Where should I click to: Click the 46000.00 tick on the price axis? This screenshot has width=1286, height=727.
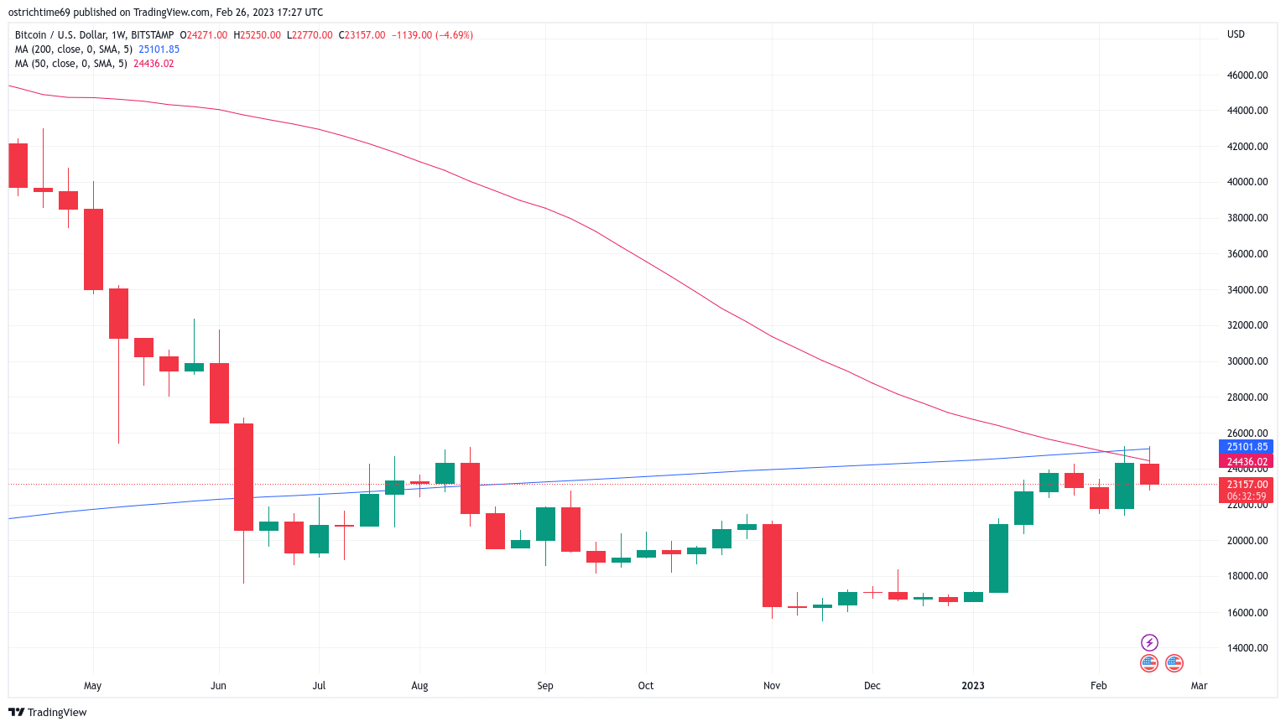coord(1247,75)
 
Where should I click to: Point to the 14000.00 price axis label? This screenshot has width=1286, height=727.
coord(1247,648)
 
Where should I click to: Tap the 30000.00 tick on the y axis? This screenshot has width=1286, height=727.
coord(1247,361)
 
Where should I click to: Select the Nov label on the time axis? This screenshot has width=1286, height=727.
coord(772,686)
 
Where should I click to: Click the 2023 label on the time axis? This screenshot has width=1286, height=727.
coord(973,686)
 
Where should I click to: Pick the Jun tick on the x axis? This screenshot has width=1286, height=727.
coord(218,686)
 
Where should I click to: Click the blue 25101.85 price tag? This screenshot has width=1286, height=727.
coord(1247,447)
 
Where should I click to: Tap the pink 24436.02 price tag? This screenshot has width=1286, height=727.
coord(1247,462)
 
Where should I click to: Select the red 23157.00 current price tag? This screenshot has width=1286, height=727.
coord(1247,485)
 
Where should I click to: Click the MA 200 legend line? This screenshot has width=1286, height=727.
coord(96,49)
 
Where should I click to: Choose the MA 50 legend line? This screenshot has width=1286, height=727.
coord(94,64)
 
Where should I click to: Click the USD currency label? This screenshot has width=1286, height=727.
coord(1236,34)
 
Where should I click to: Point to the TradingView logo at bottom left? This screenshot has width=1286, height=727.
coord(48,713)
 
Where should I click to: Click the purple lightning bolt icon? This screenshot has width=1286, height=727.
coord(1149,642)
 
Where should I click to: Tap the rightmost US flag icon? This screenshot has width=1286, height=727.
coord(1174,663)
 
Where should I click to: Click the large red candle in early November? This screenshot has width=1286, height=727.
coord(772,565)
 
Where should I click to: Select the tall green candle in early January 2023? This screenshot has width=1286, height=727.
coord(998,558)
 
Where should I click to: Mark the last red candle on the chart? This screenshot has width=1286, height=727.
coord(1149,474)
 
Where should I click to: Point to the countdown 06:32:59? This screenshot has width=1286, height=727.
coord(1247,496)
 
